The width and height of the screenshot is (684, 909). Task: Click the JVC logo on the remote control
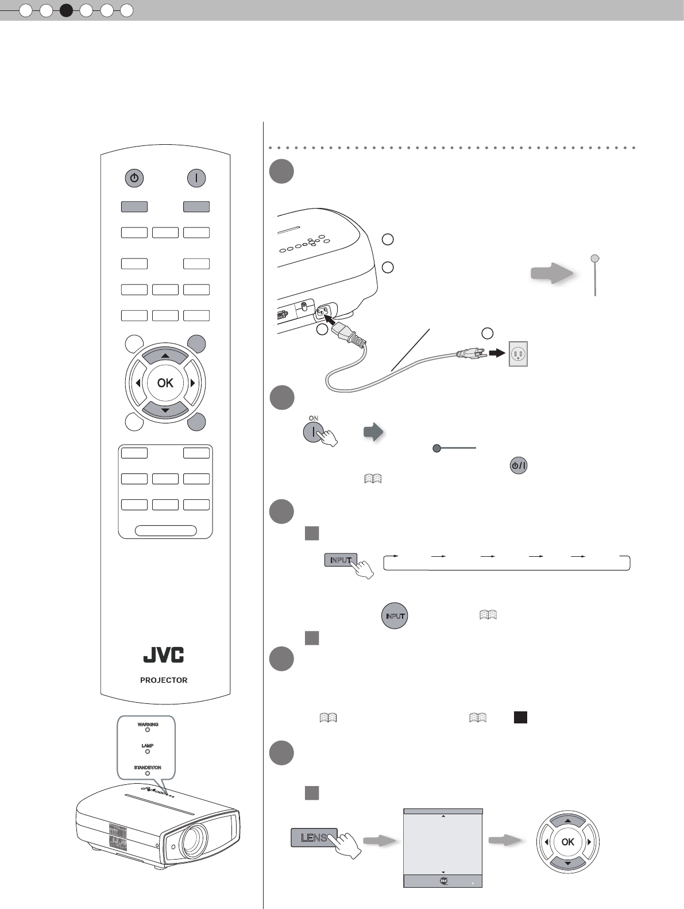(x=164, y=655)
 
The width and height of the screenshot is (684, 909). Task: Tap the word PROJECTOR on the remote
(x=164, y=680)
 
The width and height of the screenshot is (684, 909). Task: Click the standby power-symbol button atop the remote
(x=134, y=178)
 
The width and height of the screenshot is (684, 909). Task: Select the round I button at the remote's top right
(x=196, y=178)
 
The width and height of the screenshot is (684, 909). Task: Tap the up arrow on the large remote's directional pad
(x=165, y=356)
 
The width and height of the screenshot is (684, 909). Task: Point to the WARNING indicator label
(x=148, y=725)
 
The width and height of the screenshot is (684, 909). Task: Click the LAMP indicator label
(x=148, y=746)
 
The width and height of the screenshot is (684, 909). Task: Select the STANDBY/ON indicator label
(x=148, y=768)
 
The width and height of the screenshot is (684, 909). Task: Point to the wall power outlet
(x=518, y=355)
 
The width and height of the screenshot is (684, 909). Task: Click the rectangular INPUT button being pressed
(x=341, y=560)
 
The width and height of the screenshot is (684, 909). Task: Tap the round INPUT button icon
(x=395, y=616)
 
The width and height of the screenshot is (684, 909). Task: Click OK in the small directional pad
(x=567, y=842)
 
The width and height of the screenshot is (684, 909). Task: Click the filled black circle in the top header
(x=67, y=10)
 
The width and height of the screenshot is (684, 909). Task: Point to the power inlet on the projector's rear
(x=324, y=313)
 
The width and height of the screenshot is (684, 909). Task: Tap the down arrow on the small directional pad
(x=567, y=864)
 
